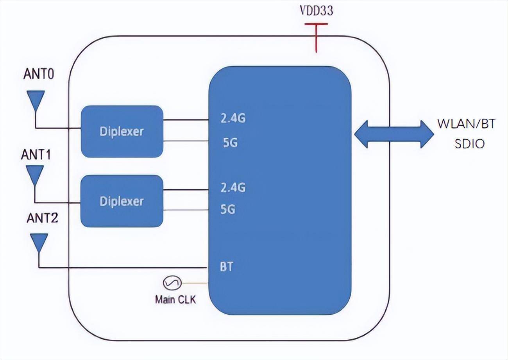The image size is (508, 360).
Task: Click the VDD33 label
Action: pyautogui.click(x=316, y=11)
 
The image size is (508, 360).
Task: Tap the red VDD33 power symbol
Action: pyautogui.click(x=316, y=37)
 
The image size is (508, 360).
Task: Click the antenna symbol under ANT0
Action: pyautogui.click(x=36, y=100)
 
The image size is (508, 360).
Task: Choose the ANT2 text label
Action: pyautogui.click(x=42, y=218)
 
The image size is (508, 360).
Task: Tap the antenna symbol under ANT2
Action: pyautogui.click(x=39, y=242)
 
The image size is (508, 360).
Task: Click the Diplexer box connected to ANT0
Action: pyautogui.click(x=122, y=131)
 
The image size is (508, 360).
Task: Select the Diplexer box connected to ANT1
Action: pyautogui.click(x=122, y=201)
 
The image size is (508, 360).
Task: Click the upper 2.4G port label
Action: pyautogui.click(x=233, y=118)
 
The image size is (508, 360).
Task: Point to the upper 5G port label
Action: pyautogui.click(x=230, y=143)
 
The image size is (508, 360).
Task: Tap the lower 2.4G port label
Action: pyautogui.click(x=233, y=188)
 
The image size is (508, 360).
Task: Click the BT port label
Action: pyautogui.click(x=227, y=267)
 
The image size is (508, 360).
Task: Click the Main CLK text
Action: pyautogui.click(x=175, y=300)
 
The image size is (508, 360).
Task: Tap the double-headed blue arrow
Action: pyautogui.click(x=394, y=134)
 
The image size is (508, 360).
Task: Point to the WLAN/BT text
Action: pyautogui.click(x=467, y=124)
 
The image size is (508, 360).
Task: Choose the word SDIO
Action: pyautogui.click(x=469, y=144)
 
